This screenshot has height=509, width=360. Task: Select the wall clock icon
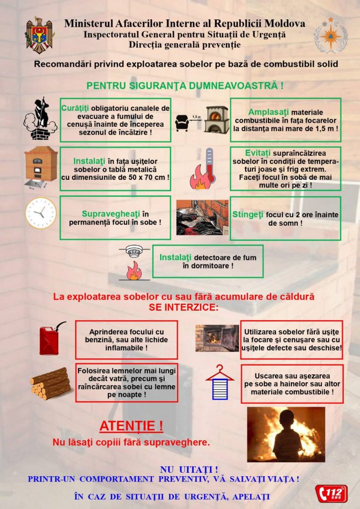[x=41, y=213]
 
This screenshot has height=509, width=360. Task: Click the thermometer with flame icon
[x=202, y=169]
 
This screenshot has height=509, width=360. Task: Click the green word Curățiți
[x=76, y=108]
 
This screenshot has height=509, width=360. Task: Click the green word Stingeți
[x=248, y=215]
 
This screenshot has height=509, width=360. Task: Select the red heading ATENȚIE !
[x=131, y=426]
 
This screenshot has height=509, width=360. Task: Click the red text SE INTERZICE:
[x=183, y=307]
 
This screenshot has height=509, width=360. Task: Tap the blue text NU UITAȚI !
[x=189, y=469]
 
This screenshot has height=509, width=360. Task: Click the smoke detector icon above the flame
[x=134, y=252]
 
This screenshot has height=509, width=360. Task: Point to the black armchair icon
[x=182, y=122]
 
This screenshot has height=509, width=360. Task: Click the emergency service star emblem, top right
[x=330, y=35]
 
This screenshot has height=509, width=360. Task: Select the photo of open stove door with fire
[x=217, y=338]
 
